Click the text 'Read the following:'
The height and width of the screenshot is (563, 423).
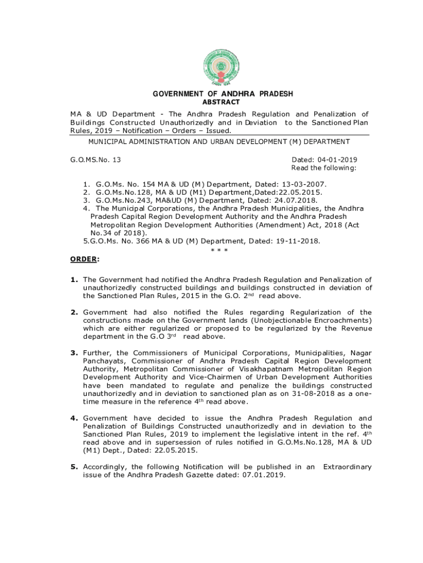[x=324, y=168]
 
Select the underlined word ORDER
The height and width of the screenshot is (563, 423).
[x=83, y=259]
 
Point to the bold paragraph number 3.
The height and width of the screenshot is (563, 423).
[x=74, y=353]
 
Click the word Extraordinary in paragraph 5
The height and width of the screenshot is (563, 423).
[x=347, y=467]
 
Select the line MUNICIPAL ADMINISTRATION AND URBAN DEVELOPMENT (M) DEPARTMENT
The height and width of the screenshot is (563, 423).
[x=219, y=142]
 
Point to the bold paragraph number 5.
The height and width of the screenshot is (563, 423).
[x=74, y=467]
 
